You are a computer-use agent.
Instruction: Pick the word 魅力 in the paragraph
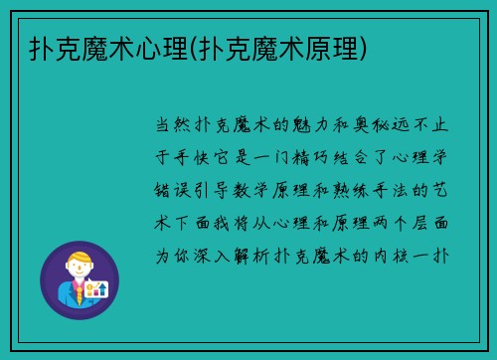pos(306,126)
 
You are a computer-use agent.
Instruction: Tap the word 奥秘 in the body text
pos(375,126)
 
